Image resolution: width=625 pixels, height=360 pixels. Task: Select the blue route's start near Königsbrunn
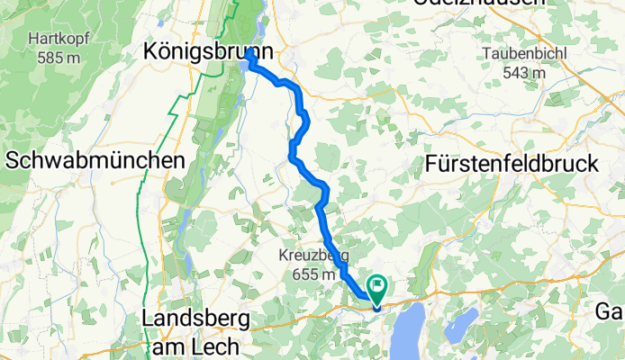pos(248,60)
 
